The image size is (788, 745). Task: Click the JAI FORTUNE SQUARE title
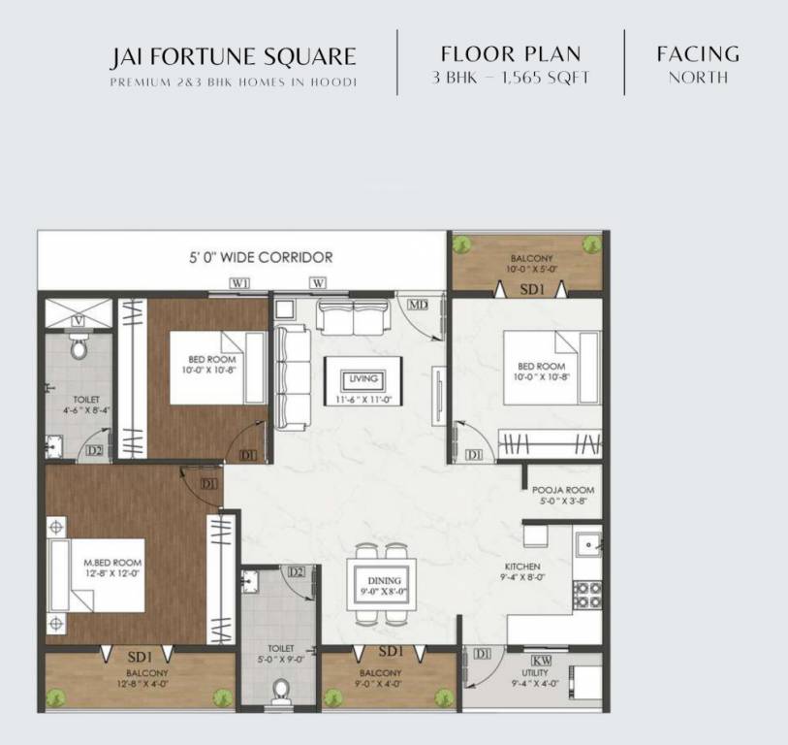click(x=233, y=57)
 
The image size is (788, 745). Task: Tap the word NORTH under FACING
click(x=698, y=78)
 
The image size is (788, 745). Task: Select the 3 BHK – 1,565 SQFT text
click(x=511, y=78)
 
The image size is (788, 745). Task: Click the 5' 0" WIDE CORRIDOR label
click(x=261, y=258)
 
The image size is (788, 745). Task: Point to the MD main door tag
click(x=418, y=305)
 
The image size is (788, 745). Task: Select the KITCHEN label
click(x=522, y=567)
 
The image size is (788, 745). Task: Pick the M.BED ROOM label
click(x=112, y=563)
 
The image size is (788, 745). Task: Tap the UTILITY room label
click(x=534, y=673)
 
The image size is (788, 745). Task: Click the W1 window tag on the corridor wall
click(x=240, y=283)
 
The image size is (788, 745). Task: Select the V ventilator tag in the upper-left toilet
click(x=78, y=321)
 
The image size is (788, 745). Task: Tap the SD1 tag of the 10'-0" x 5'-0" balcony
click(x=531, y=290)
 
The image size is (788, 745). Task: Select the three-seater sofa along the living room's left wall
click(x=292, y=376)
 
